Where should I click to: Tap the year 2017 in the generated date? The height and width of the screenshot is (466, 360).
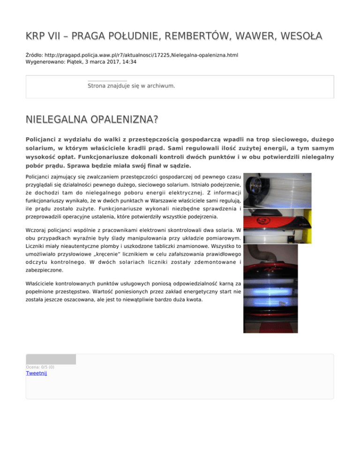tap(107, 61)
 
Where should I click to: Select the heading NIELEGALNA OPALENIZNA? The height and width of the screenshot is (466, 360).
tap(92, 120)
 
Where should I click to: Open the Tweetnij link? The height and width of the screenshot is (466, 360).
tap(37, 373)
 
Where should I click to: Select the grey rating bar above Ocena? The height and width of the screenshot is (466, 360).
tap(51, 360)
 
